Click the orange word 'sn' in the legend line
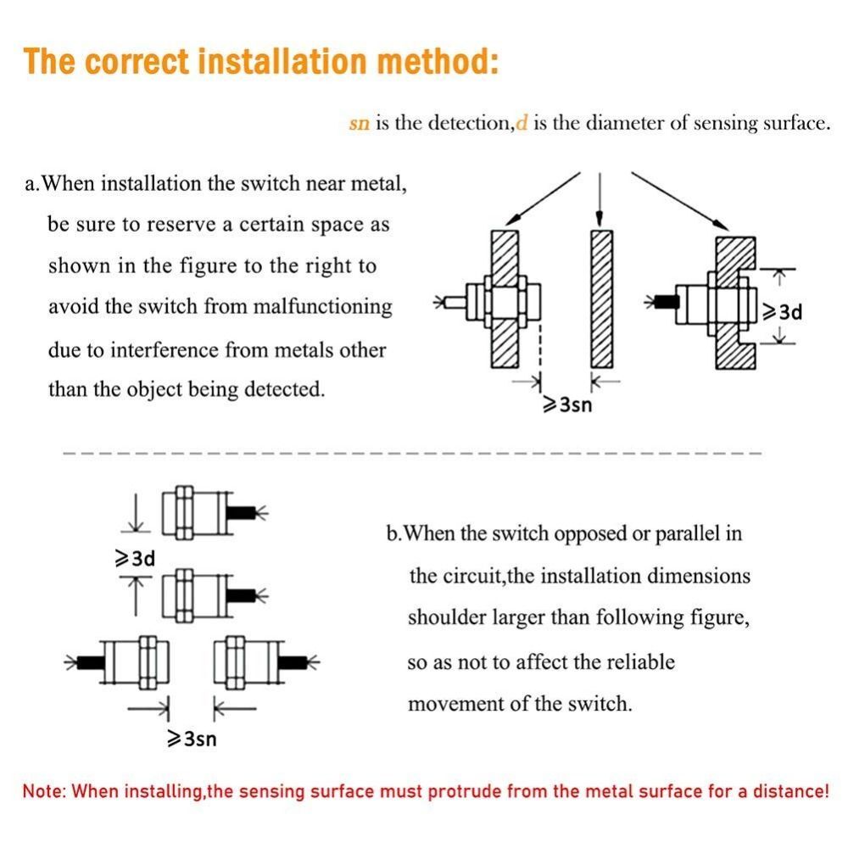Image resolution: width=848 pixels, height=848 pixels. pos(360,124)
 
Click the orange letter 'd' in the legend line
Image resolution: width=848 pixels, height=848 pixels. pos(522,123)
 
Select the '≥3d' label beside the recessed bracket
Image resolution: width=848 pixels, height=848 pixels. pos(782,311)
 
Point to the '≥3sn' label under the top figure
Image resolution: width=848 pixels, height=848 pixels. pos(566,404)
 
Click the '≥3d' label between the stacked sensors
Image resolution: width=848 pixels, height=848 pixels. pos(134,559)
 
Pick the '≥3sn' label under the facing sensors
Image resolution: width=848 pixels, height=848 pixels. pos(192,739)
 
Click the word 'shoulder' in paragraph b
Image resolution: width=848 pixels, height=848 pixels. pos(446,617)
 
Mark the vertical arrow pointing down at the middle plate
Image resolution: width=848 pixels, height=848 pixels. pos(600,197)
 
